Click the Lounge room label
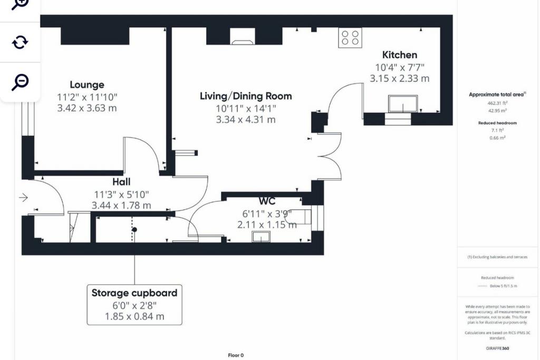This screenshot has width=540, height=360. [x=87, y=85]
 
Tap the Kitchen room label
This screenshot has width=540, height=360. [x=399, y=55]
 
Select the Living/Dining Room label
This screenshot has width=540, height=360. [x=245, y=96]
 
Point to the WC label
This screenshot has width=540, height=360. [x=267, y=201]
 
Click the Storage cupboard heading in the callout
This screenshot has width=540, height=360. [x=134, y=293]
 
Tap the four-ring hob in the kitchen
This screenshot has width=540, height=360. [x=350, y=38]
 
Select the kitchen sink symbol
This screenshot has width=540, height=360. [x=402, y=104]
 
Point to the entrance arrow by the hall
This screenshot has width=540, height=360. [x=23, y=198]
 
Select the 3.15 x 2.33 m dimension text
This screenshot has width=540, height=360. [x=399, y=79]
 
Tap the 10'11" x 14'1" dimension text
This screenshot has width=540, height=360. [x=245, y=109]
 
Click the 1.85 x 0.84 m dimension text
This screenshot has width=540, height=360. [x=134, y=316]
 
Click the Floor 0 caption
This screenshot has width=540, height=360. [x=236, y=355]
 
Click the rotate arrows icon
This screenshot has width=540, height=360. [x=20, y=42]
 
